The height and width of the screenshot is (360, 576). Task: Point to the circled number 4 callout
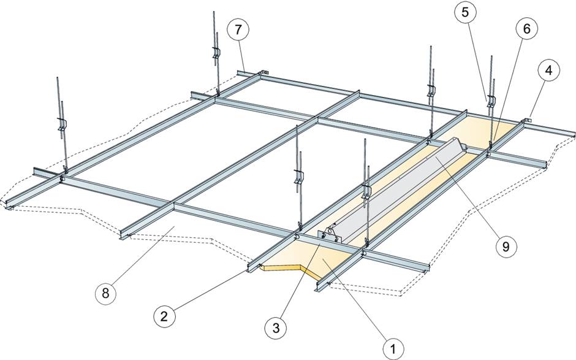[x=548, y=71]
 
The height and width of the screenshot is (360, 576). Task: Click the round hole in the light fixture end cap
[x=332, y=232]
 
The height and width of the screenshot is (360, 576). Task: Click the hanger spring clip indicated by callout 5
[x=490, y=100]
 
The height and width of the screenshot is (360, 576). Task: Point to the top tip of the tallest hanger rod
[x=213, y=12]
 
